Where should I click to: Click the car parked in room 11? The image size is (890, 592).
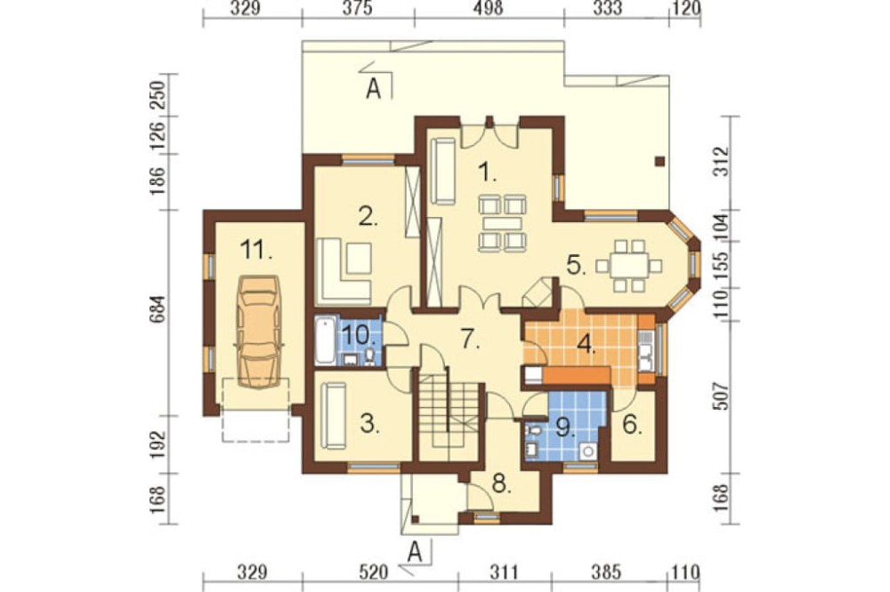(260, 332)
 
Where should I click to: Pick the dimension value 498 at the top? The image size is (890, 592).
(488, 9)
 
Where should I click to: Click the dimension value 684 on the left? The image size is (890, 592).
(159, 308)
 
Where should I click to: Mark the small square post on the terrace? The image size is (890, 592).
(659, 161)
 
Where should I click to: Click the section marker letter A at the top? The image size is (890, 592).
(373, 89)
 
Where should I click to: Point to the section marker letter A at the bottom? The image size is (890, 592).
(416, 552)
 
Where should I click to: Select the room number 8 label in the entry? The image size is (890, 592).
(500, 484)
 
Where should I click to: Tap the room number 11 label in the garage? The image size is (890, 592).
(256, 249)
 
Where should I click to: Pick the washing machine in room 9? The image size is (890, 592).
(589, 452)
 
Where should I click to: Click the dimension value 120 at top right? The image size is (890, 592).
(688, 9)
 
